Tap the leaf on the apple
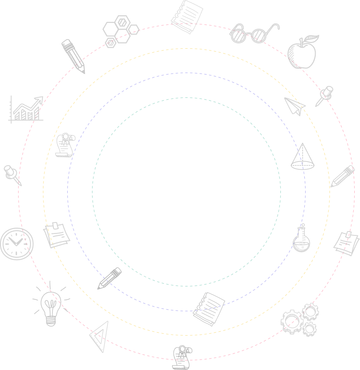312,38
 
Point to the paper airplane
295,106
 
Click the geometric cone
303,158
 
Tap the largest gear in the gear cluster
290,321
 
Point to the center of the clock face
17,243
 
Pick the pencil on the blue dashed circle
110,278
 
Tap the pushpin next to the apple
324,95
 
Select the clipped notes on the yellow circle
57,234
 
